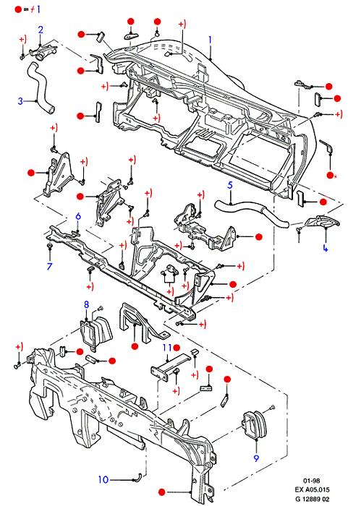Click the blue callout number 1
pyautogui.click(x=211, y=40)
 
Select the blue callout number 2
pyautogui.click(x=41, y=30)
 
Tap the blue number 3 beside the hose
pyautogui.click(x=20, y=101)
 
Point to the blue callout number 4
pyautogui.click(x=325, y=248)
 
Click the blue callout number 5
pyautogui.click(x=230, y=185)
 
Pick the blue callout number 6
pyautogui.click(x=78, y=216)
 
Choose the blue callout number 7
pyautogui.click(x=50, y=266)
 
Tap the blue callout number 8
pyautogui.click(x=86, y=304)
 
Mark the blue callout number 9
pyautogui.click(x=256, y=458)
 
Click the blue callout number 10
pyautogui.click(x=103, y=479)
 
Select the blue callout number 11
pyautogui.click(x=167, y=348)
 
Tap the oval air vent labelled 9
pyautogui.click(x=254, y=424)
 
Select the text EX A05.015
pyautogui.click(x=312, y=489)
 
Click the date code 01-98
pyautogui.click(x=312, y=481)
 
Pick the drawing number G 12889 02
pyautogui.click(x=313, y=499)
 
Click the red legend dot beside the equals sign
pyautogui.click(x=18, y=9)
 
